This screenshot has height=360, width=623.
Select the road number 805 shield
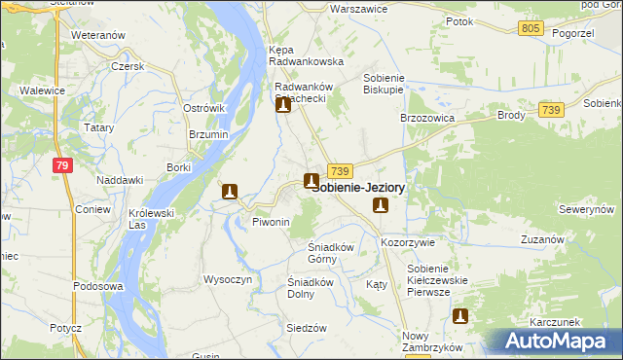pyautogui.click(x=531, y=29)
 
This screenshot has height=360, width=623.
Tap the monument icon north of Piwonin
pyautogui.click(x=231, y=192)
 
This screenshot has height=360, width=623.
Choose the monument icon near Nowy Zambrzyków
pyautogui.click(x=460, y=315)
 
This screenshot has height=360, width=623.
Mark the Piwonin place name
pyautogui.click(x=272, y=223)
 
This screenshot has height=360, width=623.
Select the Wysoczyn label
pyautogui.click(x=228, y=279)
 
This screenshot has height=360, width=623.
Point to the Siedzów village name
pyautogui.click(x=306, y=328)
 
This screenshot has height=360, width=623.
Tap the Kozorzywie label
pyautogui.click(x=408, y=241)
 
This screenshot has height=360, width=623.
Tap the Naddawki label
pyautogui.click(x=121, y=180)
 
